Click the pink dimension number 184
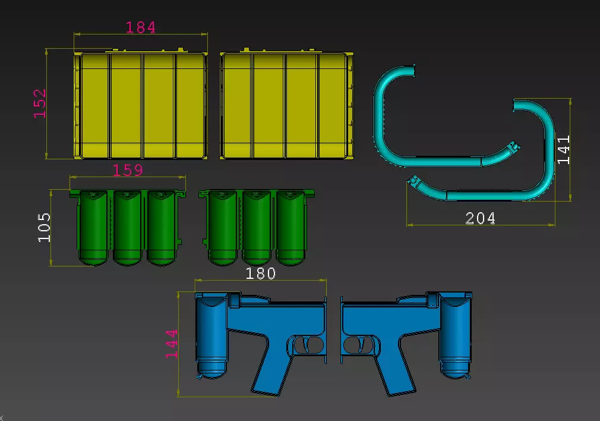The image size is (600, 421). click(x=140, y=27)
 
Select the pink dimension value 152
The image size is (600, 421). click(x=40, y=103)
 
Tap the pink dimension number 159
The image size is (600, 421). click(x=128, y=170)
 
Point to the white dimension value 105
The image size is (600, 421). click(x=45, y=227)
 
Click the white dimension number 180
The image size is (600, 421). click(x=260, y=273)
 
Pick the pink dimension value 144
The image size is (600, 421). click(x=172, y=344)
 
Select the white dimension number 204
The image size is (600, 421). click(x=480, y=218)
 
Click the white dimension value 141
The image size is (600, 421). click(x=563, y=150)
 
